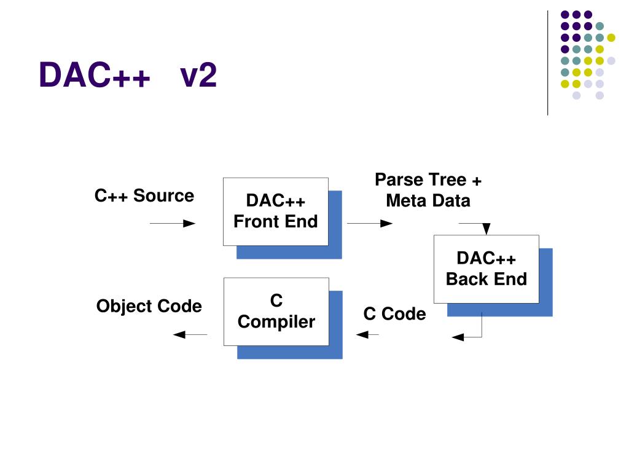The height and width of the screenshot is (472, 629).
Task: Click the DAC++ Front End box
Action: pos(276,211)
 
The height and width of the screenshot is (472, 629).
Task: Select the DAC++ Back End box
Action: pos(486,269)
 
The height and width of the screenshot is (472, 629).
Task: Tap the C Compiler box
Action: pos(276,312)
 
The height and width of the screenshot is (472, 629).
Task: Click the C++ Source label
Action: pos(144,196)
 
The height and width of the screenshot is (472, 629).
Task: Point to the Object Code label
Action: pos(149,306)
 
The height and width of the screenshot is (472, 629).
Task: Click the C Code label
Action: pos(394,314)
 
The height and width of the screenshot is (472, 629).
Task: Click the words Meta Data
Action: pos(428,201)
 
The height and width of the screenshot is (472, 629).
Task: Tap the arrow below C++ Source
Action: pos(173,224)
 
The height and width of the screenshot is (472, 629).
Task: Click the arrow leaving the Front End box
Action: pos(370,224)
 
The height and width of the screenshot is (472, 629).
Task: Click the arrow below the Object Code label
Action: pos(190,334)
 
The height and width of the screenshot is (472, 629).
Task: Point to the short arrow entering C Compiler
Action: pos(367,334)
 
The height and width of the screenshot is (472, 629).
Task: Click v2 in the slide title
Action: pos(198,75)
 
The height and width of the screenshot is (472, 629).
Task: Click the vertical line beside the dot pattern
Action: pos(547,63)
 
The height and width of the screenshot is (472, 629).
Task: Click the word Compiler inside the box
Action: pos(276,322)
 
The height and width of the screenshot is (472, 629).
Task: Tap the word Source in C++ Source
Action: pos(163,196)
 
